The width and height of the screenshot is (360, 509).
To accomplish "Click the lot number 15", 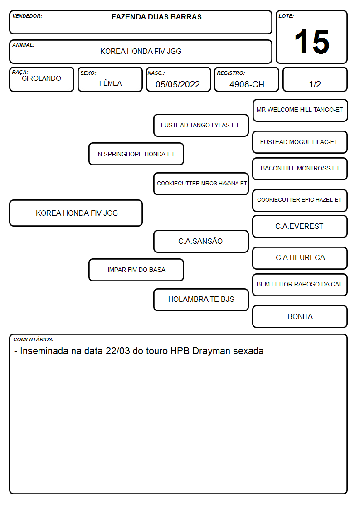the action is [x=312, y=42].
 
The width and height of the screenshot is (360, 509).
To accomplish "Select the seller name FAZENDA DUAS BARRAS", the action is [x=156, y=17].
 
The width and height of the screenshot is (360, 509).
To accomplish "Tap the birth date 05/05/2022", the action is [x=178, y=84].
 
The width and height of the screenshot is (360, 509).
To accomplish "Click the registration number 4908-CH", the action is [x=247, y=84].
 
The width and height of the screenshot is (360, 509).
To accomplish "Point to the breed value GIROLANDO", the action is [x=41, y=78].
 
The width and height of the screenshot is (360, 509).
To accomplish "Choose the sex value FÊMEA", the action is [x=110, y=83].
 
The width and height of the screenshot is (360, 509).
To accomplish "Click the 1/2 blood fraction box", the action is [x=315, y=79].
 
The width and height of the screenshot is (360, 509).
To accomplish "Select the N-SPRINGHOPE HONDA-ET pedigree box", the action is [x=136, y=154].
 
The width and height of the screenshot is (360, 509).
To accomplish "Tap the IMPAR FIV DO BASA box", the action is [x=136, y=270].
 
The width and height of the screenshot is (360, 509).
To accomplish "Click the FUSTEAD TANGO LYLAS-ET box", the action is [x=201, y=125].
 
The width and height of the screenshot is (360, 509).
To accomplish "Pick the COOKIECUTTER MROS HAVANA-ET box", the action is [x=201, y=184].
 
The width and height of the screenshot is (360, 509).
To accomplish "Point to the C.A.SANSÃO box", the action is [x=201, y=241].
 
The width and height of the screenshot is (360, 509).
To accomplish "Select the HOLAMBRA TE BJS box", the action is [x=201, y=300].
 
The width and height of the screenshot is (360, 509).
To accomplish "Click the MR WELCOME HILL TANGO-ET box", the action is [x=300, y=111].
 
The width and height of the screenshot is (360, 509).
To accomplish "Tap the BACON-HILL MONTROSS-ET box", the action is [x=300, y=169].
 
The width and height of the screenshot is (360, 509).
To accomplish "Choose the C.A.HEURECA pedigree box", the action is [x=300, y=258].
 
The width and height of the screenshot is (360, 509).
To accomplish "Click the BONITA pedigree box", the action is [x=300, y=316].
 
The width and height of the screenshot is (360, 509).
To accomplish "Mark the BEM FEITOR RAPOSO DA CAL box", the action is [x=300, y=285].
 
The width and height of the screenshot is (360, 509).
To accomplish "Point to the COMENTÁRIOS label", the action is [x=34, y=339].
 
